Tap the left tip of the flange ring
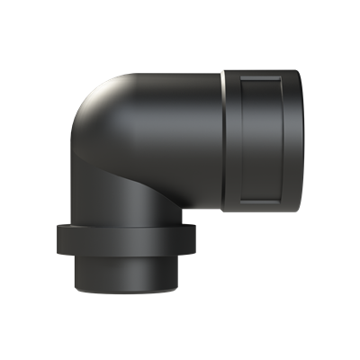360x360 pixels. (x=57, y=238)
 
